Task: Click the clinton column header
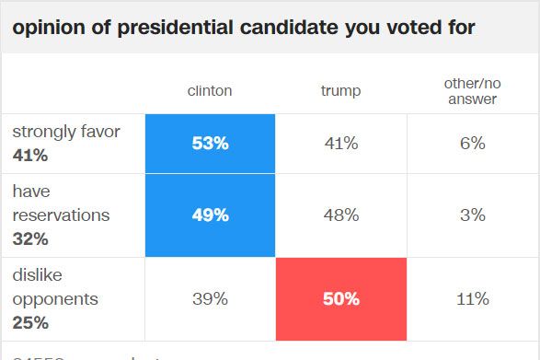210,91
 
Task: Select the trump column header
341,91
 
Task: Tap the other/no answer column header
472,91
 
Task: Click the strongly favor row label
66,132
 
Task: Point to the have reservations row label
61,203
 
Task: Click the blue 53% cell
210,143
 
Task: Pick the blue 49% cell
210,215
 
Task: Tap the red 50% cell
341,298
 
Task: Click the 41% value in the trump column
341,143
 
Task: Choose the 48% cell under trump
341,215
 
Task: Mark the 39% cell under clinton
210,298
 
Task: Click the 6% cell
472,143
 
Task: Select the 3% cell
472,215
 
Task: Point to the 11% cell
472,298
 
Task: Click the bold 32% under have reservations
30,239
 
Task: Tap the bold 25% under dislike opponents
30,323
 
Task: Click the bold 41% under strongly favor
30,156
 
